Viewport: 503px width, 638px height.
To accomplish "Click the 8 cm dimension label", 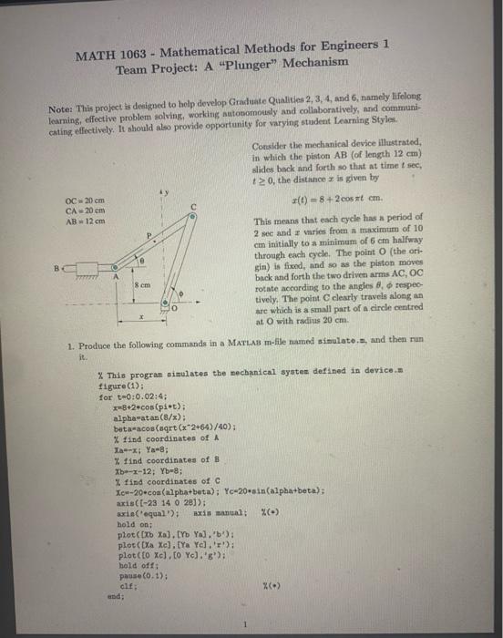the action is pos(143,262).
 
